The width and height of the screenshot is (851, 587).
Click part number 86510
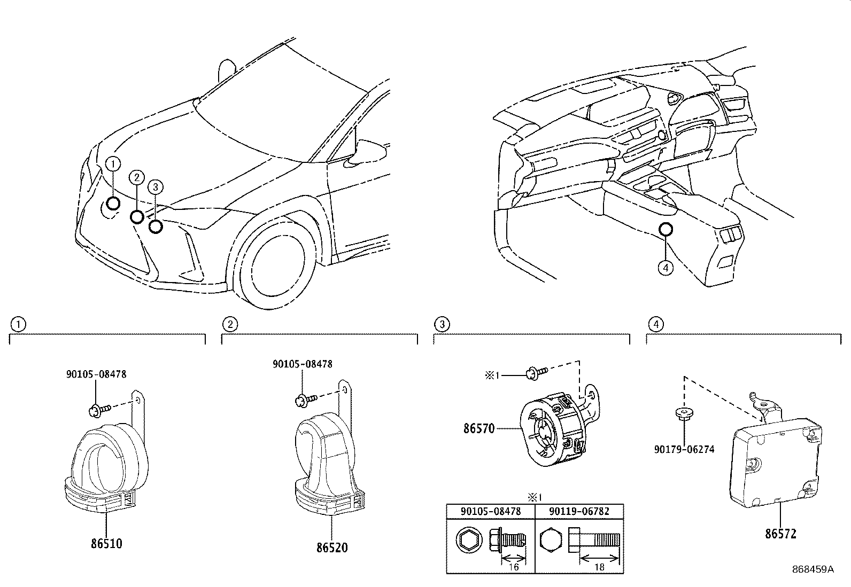(x=106, y=544)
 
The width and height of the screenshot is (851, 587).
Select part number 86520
(x=331, y=547)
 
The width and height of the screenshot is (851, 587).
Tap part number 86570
(x=479, y=428)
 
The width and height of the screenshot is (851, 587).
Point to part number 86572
(x=780, y=533)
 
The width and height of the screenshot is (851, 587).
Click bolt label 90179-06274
(x=684, y=450)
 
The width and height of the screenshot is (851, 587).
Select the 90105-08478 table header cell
(x=491, y=511)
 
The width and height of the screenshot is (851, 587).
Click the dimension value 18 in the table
(x=599, y=567)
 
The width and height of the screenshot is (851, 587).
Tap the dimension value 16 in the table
(x=513, y=567)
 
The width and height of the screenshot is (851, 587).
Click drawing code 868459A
(x=813, y=569)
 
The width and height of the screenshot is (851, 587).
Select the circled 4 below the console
(x=666, y=268)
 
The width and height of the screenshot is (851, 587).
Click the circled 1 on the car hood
(x=113, y=164)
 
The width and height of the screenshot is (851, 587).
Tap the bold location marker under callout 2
(x=137, y=217)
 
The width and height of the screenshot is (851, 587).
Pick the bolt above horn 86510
(x=99, y=410)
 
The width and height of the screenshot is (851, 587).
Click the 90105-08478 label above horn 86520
(x=302, y=364)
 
